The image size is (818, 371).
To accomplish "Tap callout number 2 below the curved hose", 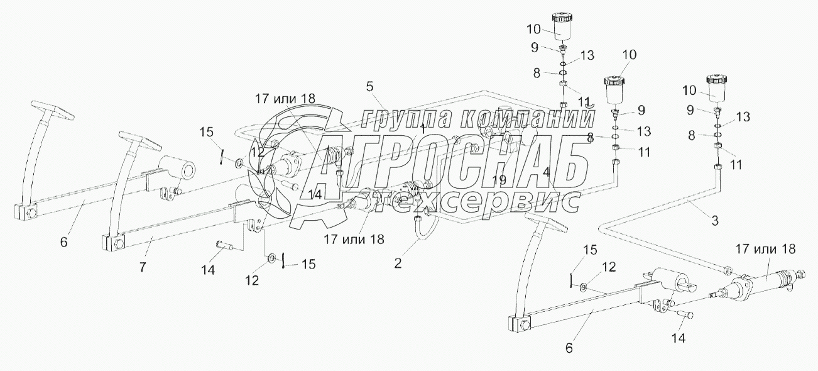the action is (x=398, y=263).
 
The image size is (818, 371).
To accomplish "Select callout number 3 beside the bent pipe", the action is (x=714, y=221).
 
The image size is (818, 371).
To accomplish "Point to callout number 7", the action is (x=143, y=267).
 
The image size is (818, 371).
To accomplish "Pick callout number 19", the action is (x=499, y=179).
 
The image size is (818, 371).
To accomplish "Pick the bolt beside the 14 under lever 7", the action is (x=226, y=246).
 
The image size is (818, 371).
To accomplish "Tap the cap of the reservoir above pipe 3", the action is (x=716, y=79).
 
